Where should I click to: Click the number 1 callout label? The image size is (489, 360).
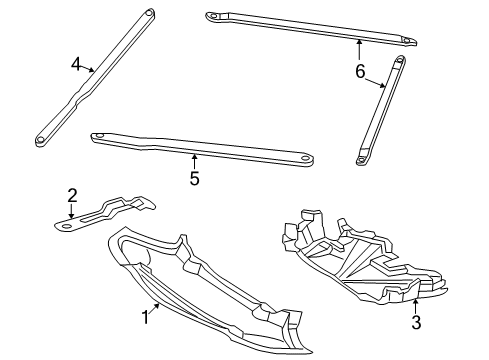click(145, 317)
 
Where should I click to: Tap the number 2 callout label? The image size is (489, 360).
click(72, 196)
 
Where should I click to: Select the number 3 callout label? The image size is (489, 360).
click(416, 322)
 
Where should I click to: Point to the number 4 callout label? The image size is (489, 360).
click(76, 64)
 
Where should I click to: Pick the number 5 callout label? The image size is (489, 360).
click(194, 178)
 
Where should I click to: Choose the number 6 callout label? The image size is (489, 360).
click(360, 71)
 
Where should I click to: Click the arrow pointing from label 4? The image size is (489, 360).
click(88, 69)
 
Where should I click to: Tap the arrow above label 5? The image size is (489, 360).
click(194, 161)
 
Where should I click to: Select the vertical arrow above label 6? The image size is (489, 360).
click(359, 49)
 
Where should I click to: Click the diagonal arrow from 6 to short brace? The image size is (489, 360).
click(375, 83)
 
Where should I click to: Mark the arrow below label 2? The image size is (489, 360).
click(71, 211)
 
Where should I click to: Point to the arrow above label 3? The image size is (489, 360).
click(415, 307)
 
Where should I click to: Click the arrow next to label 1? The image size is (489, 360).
click(154, 309)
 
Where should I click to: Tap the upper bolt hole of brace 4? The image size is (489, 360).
click(148, 14)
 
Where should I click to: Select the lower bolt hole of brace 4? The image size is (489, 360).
click(40, 140)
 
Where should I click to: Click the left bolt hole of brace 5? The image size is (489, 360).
click(99, 136)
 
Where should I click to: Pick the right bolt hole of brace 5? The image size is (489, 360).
click(304, 159)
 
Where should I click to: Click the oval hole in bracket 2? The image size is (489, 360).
click(66, 226)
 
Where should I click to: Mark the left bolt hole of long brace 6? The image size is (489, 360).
click(211, 15)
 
